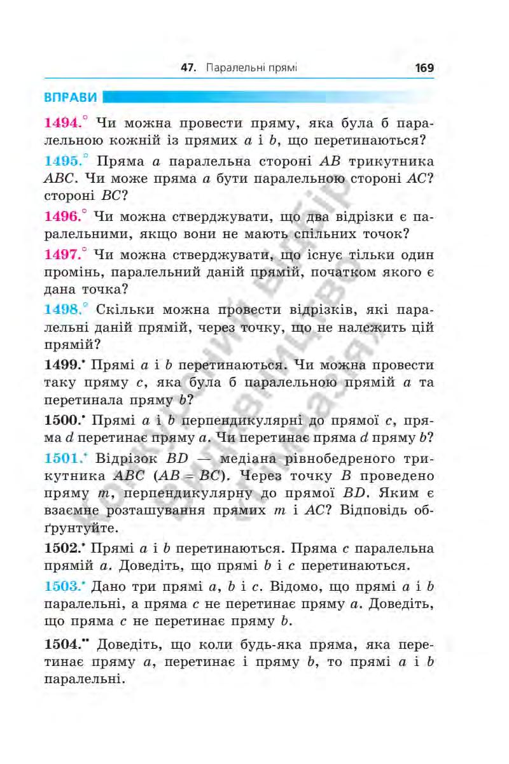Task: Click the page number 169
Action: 423,67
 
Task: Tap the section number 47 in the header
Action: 187,67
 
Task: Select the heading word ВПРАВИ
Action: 71,98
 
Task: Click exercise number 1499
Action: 64,365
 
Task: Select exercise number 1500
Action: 64,420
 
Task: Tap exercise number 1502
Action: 64,548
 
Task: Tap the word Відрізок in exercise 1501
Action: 124,458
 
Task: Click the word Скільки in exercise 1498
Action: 124,310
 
